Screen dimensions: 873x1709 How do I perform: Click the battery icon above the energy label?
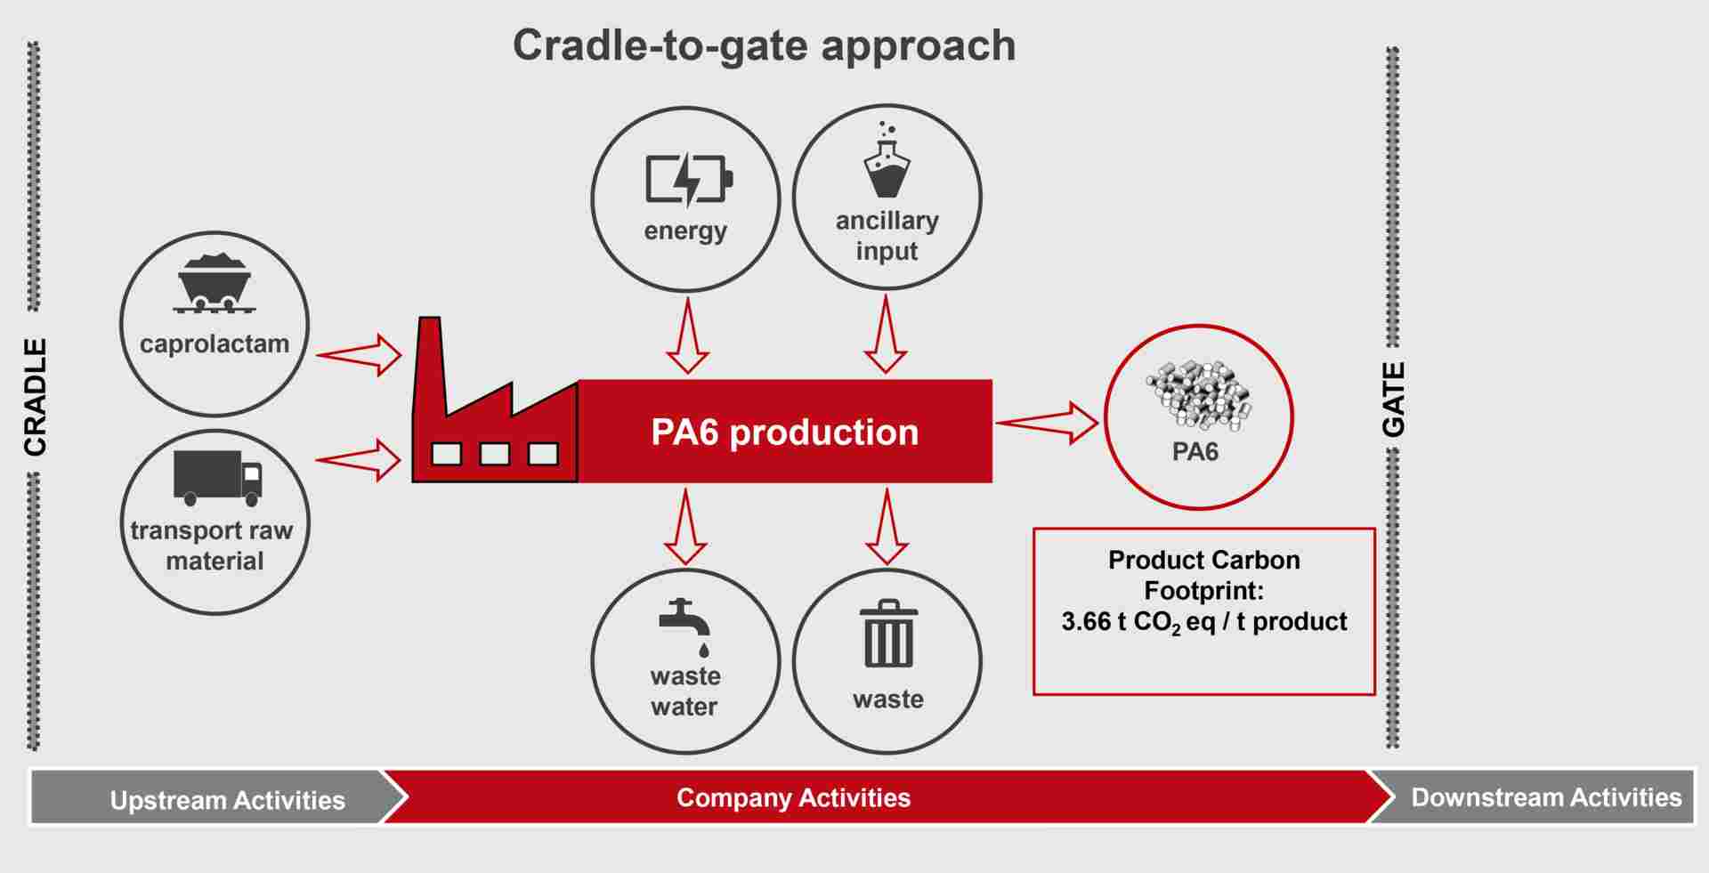pos(688,180)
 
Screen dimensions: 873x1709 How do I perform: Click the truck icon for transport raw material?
pos(217,477)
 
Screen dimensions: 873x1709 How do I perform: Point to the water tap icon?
pos(684,623)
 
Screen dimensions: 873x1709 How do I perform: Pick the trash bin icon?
pos(888,635)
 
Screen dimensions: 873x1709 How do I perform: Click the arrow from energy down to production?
pos(687,335)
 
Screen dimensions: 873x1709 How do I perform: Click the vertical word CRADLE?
pos(35,397)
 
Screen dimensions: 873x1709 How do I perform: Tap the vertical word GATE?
pos(1393,400)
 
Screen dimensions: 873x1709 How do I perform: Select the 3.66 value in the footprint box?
pos(1085,621)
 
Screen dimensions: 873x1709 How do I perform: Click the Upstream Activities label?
pos(227,800)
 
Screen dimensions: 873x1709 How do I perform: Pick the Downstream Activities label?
pos(1546,797)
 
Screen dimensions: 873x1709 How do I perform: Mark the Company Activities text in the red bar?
pos(793,797)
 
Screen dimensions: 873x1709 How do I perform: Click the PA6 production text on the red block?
pos(784,432)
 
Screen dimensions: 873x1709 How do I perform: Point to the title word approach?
pos(918,46)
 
